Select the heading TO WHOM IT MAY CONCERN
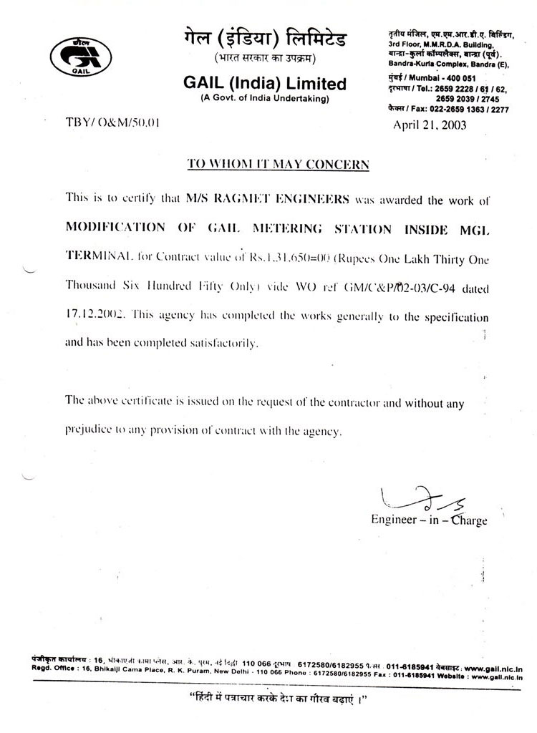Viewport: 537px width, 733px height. pyautogui.click(x=278, y=164)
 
